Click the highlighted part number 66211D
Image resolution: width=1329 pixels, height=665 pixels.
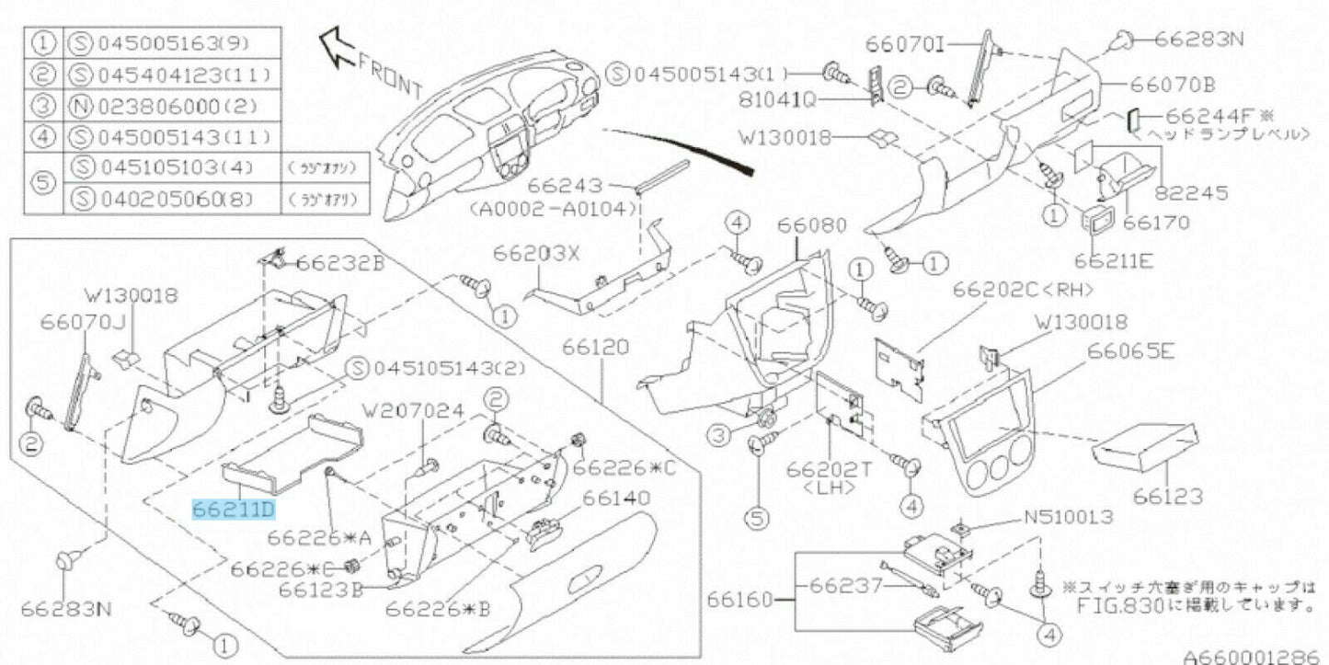pos(233,509)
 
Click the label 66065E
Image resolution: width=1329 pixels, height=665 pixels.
pos(1130,350)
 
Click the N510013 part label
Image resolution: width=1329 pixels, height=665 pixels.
pos(1067,517)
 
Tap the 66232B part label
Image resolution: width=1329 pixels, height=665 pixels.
pos(340,264)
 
